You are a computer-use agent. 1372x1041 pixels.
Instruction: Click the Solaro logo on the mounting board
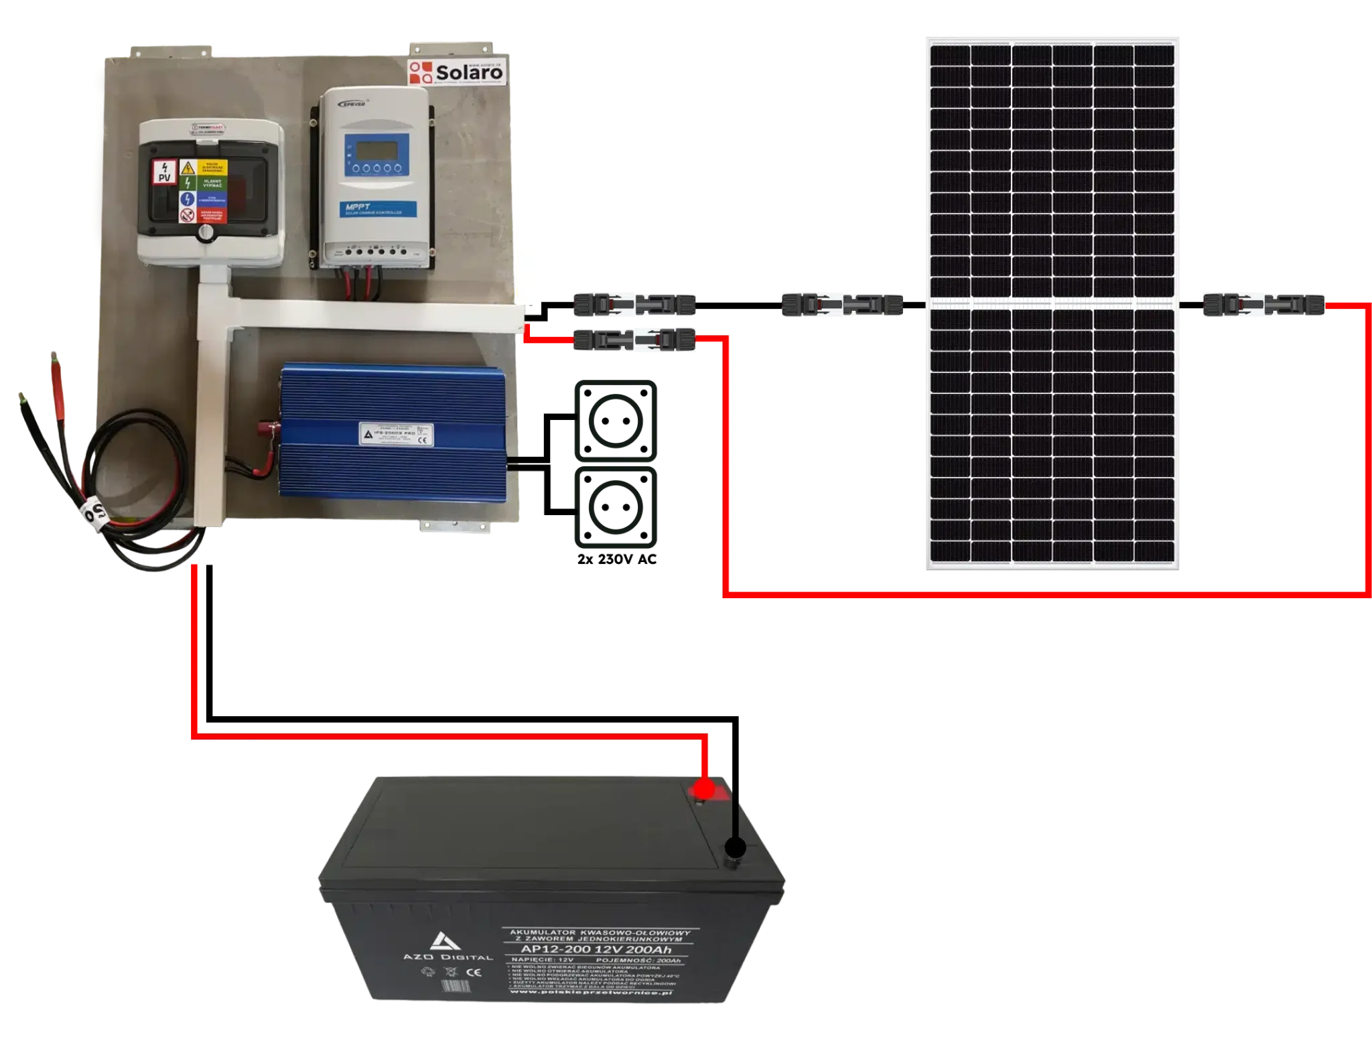click(x=458, y=71)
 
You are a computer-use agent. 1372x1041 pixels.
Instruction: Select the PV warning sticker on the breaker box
click(x=164, y=172)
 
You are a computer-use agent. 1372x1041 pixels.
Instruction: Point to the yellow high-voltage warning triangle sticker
click(x=188, y=167)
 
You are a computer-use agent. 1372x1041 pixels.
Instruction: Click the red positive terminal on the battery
click(x=703, y=789)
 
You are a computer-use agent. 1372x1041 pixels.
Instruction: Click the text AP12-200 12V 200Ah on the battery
click(x=595, y=949)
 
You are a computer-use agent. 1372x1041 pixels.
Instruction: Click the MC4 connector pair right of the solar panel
click(x=1265, y=305)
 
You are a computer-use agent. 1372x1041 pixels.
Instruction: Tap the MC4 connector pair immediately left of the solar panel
click(x=841, y=305)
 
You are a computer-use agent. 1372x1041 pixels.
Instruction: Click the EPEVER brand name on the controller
click(x=356, y=104)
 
